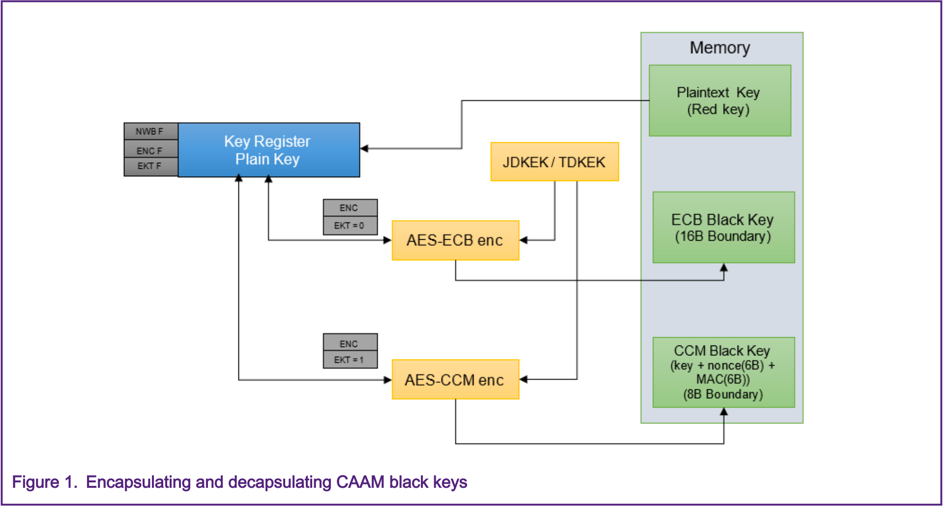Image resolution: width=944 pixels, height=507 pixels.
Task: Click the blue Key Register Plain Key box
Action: [x=268, y=150]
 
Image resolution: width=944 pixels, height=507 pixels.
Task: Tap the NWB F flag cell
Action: [x=150, y=131]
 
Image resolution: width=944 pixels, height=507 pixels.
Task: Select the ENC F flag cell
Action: [x=150, y=150]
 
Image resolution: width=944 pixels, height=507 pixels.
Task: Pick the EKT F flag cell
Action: [x=150, y=166]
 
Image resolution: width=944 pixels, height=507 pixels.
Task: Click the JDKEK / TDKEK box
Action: [x=554, y=162]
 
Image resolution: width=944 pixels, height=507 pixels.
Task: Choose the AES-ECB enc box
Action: [x=455, y=240]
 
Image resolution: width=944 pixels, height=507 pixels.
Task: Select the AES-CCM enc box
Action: [x=455, y=380]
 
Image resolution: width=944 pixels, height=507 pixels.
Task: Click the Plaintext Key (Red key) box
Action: [x=719, y=100]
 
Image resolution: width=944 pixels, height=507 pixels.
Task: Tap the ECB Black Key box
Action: [x=723, y=227]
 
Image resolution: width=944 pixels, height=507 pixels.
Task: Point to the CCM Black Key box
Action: [x=723, y=372]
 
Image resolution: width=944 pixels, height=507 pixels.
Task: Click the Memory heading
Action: [x=720, y=48]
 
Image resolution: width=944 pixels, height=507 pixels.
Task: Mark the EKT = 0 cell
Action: [x=350, y=226]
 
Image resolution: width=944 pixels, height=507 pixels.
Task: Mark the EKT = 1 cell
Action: [x=350, y=360]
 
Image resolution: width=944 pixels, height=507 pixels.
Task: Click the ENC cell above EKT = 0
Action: [x=350, y=208]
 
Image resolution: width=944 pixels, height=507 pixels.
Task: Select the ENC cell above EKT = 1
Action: [x=350, y=343]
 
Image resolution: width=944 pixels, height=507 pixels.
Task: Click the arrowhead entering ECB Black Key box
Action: [x=724, y=268]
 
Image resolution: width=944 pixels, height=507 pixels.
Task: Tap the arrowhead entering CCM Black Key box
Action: [x=724, y=412]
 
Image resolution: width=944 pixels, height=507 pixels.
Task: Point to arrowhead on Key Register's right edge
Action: [x=364, y=148]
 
